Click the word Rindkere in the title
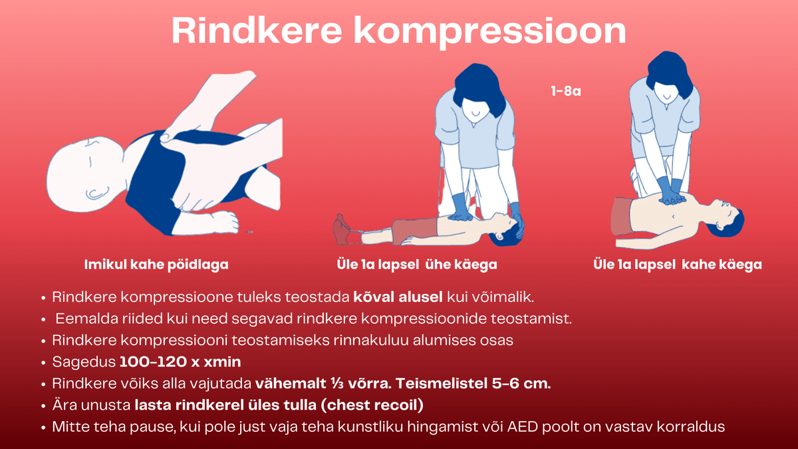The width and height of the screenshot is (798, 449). pyautogui.click(x=257, y=31)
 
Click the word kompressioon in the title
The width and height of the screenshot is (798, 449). pyautogui.click(x=490, y=33)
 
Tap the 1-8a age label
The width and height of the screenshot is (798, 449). pyautogui.click(x=566, y=91)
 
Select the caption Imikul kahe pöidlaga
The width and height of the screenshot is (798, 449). pyautogui.click(x=156, y=265)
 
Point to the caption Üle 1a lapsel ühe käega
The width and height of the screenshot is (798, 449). pyautogui.click(x=417, y=265)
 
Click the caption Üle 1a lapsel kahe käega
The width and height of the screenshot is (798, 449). pyautogui.click(x=678, y=265)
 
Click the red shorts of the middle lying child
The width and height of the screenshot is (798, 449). pyautogui.click(x=415, y=231)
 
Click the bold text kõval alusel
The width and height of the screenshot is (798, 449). pyautogui.click(x=398, y=297)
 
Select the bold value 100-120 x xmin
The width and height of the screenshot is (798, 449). pyautogui.click(x=180, y=362)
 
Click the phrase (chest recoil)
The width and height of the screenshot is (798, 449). pyautogui.click(x=372, y=406)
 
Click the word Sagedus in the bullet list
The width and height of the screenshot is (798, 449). pyautogui.click(x=84, y=363)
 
